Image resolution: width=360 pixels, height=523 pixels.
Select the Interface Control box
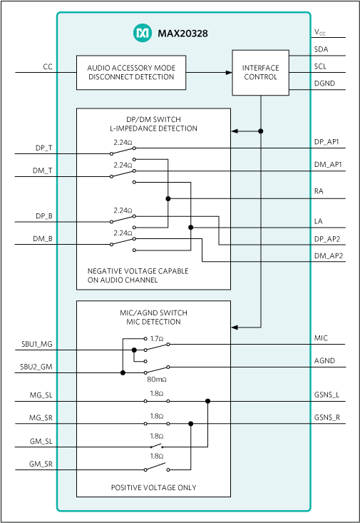coord(261,73)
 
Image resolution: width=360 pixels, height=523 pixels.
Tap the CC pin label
coord(48,67)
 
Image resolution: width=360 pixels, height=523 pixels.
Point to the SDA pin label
coord(322,50)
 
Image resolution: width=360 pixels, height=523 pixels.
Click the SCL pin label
coord(321,67)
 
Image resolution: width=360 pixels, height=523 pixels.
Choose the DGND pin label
coord(324,83)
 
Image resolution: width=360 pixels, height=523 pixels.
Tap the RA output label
coord(319,193)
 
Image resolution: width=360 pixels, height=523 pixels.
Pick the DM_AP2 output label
coord(329,255)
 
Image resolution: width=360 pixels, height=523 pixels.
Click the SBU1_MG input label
coord(36,345)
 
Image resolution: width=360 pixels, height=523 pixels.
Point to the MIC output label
coord(321,338)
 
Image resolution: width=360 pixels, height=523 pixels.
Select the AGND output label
coord(324,361)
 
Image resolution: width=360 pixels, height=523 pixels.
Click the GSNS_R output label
coord(327,418)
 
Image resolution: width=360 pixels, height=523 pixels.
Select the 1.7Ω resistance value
coord(157,338)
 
